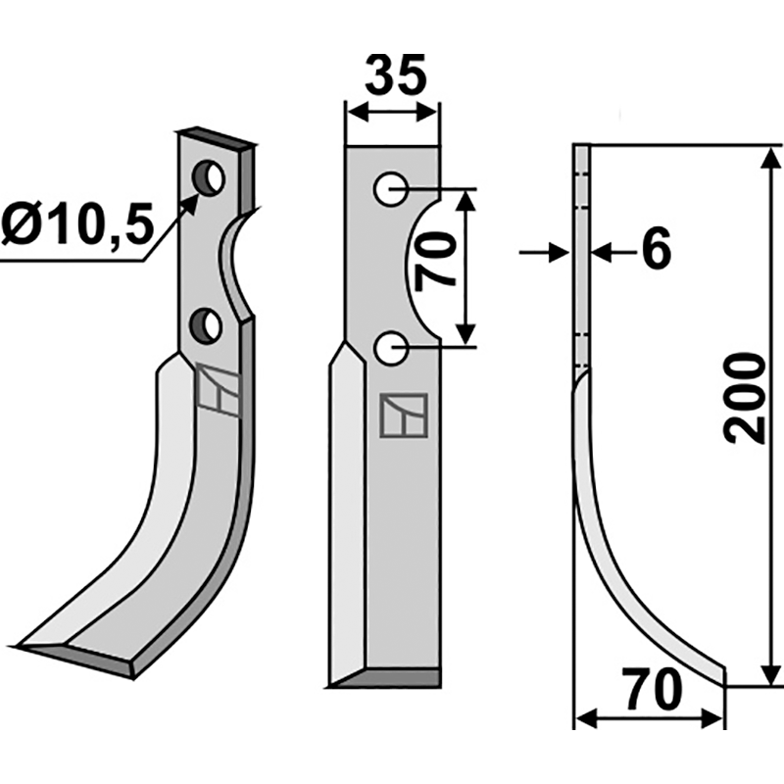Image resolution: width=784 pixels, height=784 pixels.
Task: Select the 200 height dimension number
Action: [x=749, y=399]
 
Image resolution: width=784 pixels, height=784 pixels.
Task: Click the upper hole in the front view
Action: [x=391, y=188]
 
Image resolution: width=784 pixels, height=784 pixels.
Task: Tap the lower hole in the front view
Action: [x=391, y=346]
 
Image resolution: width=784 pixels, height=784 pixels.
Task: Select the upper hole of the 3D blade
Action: [x=209, y=178]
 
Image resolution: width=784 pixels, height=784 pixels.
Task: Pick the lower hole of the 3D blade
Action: [x=207, y=325]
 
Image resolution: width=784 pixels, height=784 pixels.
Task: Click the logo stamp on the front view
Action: [x=403, y=416]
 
